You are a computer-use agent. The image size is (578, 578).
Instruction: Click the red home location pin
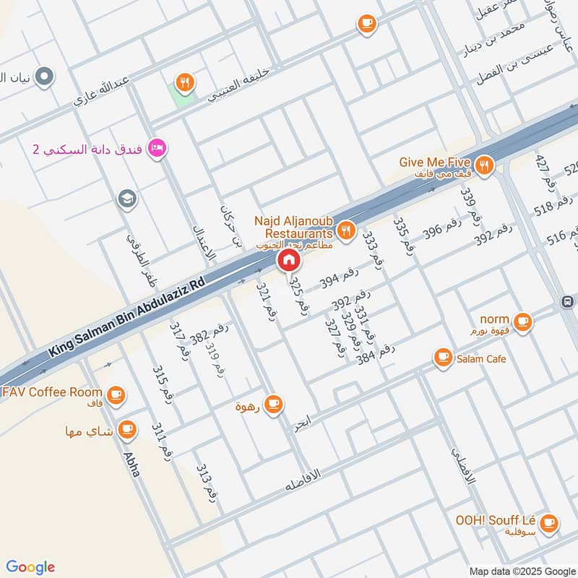coord(288,260)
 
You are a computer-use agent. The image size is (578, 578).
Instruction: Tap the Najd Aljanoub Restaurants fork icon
coord(347,230)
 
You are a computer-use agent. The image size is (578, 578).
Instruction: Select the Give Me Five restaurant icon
coord(484,165)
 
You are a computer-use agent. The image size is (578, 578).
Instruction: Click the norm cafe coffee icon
coord(522,322)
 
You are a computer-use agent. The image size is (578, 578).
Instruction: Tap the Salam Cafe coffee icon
coord(442,357)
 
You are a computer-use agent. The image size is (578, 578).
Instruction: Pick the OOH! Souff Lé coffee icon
coord(548,522)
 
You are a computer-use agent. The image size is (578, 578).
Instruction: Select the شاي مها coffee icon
coord(127,430)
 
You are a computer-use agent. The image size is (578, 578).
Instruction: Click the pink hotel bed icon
coord(155,149)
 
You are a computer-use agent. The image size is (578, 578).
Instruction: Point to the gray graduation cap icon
coord(127,199)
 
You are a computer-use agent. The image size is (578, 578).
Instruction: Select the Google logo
coord(30,566)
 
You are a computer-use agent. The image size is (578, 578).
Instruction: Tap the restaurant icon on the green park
coord(186,83)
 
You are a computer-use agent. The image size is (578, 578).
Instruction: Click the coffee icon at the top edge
coord(367,25)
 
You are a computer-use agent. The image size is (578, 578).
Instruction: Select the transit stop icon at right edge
coord(568,301)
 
